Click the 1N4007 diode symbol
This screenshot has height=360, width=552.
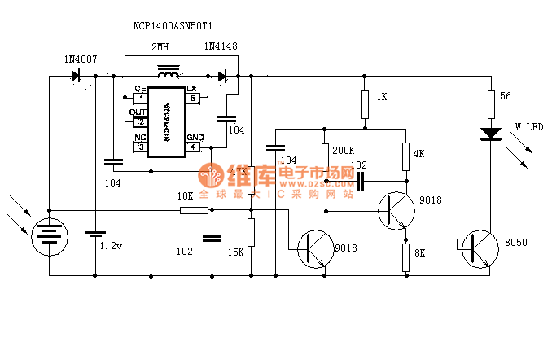point(76,76)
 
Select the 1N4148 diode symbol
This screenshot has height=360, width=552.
point(221,77)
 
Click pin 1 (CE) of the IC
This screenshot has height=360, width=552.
point(139,98)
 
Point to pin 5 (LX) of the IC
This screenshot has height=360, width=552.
point(193,98)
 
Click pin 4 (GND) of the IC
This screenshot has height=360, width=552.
point(194,147)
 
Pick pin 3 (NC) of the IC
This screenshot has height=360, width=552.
point(139,147)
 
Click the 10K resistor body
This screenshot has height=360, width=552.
point(194,210)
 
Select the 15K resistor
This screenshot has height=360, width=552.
point(252,232)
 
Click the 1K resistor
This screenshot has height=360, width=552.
point(364,99)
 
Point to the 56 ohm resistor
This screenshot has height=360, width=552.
point(490,103)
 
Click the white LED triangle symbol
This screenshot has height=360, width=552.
point(490,133)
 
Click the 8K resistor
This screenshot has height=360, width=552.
point(405,257)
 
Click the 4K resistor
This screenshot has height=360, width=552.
point(405,155)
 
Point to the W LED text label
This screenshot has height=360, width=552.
point(528,128)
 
